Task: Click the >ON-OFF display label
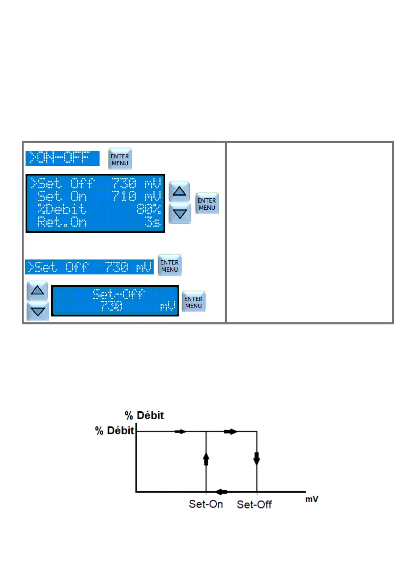point(62,158)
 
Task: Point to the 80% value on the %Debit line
point(148,209)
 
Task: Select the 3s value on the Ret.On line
point(153,222)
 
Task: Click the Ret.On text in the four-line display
point(62,222)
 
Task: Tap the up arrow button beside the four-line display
point(179,191)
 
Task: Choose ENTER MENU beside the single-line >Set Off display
point(170,266)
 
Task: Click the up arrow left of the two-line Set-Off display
point(37,290)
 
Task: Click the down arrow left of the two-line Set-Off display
point(38,311)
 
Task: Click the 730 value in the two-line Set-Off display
point(111,306)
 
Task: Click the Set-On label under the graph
point(206,504)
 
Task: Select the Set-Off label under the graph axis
point(254,504)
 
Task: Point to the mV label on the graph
point(312,499)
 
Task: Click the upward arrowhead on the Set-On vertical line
point(206,459)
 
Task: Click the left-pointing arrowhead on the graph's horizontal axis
point(221,492)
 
